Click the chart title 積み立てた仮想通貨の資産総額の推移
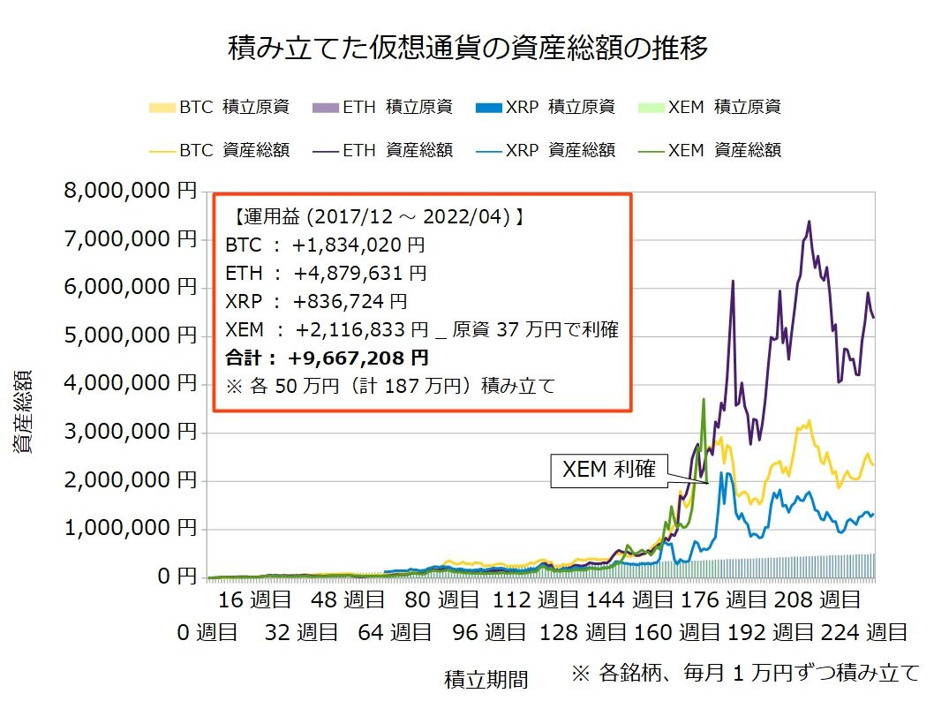[x=467, y=48]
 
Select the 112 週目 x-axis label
[x=523, y=601]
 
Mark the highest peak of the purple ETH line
[x=809, y=222]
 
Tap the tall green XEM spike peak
[x=703, y=399]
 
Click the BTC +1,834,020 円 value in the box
[x=325, y=245]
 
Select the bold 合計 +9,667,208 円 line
[x=328, y=358]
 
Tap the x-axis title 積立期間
[x=486, y=679]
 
